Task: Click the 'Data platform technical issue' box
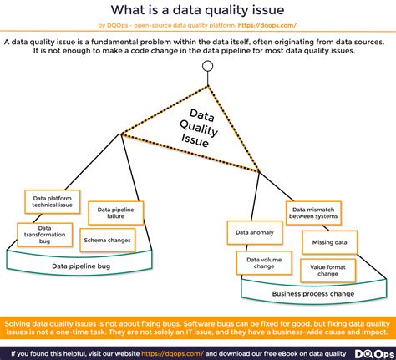(x=53, y=201)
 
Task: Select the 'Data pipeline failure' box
(x=116, y=213)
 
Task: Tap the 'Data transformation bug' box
(x=45, y=235)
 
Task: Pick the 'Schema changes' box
(x=108, y=241)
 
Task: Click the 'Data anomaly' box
(x=255, y=233)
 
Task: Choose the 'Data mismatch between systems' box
(x=313, y=213)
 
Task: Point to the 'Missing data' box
(x=330, y=242)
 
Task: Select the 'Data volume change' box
(x=264, y=263)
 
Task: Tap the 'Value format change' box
(x=327, y=271)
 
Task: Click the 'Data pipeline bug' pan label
(x=81, y=266)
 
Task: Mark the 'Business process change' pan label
(x=313, y=294)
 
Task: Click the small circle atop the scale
(x=208, y=66)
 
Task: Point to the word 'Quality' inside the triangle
(x=199, y=129)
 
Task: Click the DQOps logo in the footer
(x=375, y=354)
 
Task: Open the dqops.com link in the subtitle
(x=267, y=25)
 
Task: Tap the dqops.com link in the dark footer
(x=173, y=354)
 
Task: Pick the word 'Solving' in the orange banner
(x=18, y=324)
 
